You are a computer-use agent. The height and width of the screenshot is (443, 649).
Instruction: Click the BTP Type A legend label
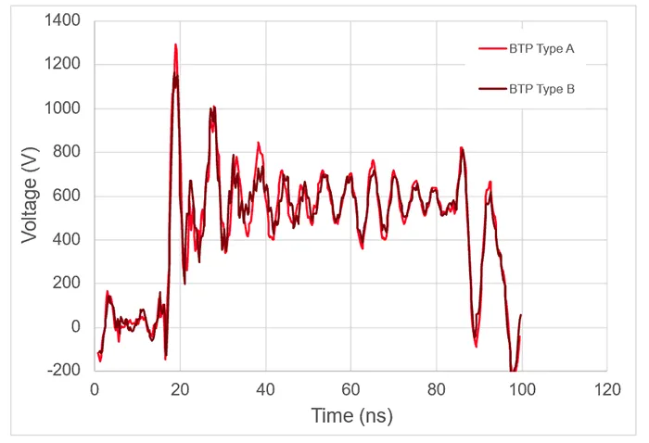tap(541, 48)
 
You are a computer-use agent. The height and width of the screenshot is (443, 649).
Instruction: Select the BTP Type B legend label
tap(541, 89)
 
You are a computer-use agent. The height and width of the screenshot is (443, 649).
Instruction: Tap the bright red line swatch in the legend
tap(490, 48)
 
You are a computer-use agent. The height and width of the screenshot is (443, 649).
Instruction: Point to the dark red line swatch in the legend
tap(490, 89)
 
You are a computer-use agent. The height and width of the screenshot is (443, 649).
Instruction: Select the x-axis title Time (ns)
tap(351, 416)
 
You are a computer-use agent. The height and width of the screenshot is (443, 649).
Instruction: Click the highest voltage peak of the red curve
tap(175, 44)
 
